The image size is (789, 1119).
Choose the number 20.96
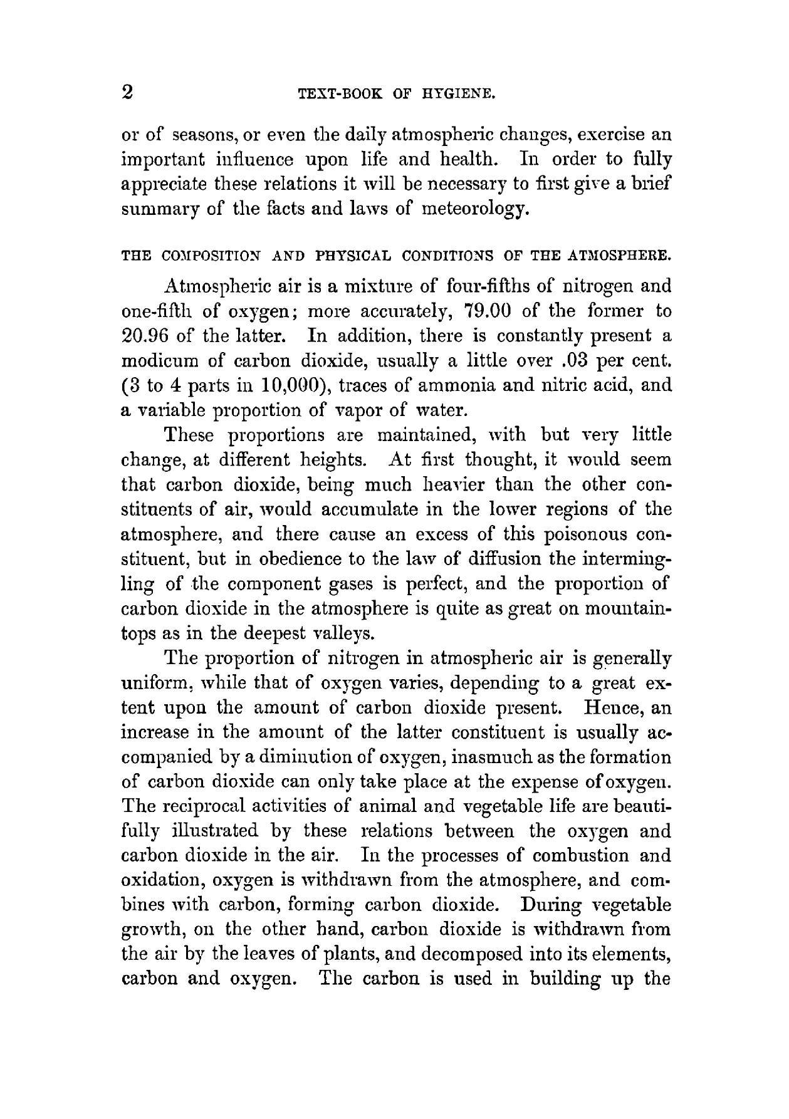point(144,336)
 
